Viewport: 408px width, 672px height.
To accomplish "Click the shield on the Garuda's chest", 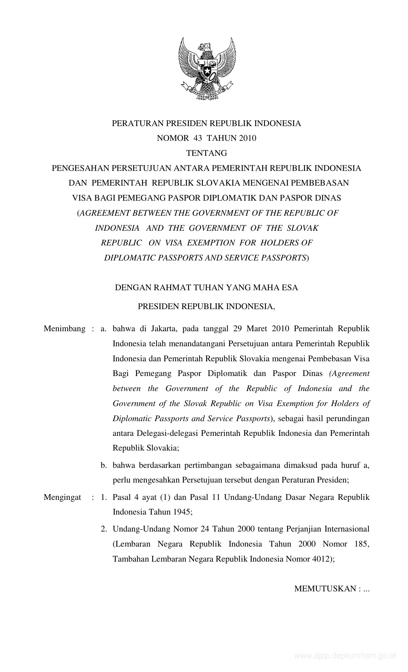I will point(207,68).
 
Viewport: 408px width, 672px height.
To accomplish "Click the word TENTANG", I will point(206,153).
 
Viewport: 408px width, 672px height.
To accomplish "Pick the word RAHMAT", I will point(173,288).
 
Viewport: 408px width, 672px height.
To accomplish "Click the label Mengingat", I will point(62,498).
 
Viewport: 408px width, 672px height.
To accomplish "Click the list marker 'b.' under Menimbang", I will point(103,465).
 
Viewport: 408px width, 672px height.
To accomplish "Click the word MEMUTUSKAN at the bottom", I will point(324,589).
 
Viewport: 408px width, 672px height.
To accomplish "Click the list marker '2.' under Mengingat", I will point(103,529).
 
